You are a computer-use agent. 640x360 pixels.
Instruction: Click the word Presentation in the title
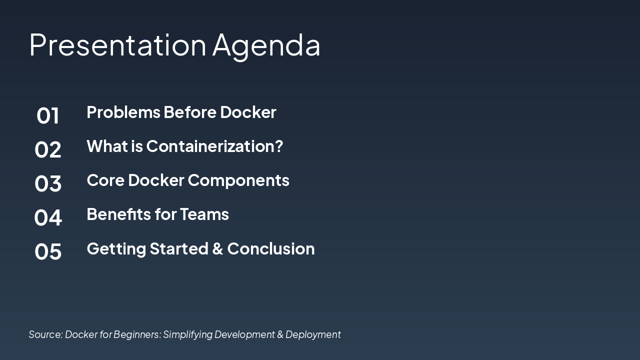pyautogui.click(x=117, y=45)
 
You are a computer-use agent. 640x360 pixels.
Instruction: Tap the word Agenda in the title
pyautogui.click(x=266, y=47)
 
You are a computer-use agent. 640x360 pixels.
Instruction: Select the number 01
pyautogui.click(x=47, y=115)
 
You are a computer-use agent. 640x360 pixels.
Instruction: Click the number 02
pyautogui.click(x=47, y=149)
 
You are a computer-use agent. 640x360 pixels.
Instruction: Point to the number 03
pyautogui.click(x=47, y=183)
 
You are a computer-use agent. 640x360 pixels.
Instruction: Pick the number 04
pyautogui.click(x=47, y=217)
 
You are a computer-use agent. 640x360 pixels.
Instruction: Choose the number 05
pyautogui.click(x=47, y=251)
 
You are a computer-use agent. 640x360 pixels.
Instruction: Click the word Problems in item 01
pyautogui.click(x=123, y=112)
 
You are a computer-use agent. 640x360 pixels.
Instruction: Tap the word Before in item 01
pyautogui.click(x=190, y=112)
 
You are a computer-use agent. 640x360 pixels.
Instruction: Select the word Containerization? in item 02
pyautogui.click(x=214, y=146)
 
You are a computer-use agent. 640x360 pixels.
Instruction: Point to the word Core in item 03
pyautogui.click(x=105, y=180)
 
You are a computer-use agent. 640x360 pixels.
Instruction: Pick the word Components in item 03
pyautogui.click(x=238, y=181)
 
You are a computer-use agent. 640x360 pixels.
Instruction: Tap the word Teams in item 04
pyautogui.click(x=204, y=214)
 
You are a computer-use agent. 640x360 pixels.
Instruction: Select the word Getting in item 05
pyautogui.click(x=116, y=249)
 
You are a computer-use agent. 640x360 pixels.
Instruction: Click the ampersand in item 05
pyautogui.click(x=217, y=248)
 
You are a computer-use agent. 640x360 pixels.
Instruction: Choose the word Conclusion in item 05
pyautogui.click(x=271, y=248)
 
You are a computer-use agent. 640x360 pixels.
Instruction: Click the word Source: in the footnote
pyautogui.click(x=45, y=334)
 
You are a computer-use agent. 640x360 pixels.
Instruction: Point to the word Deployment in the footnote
pyautogui.click(x=313, y=335)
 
